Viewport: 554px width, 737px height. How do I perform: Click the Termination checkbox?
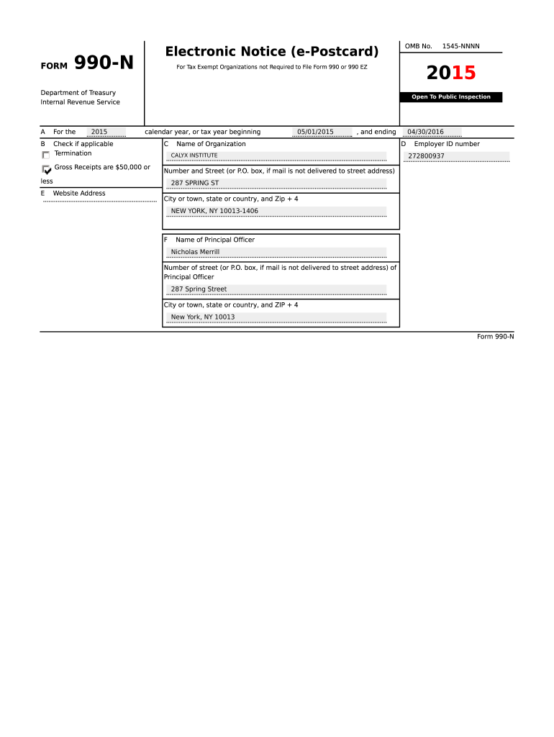pyautogui.click(x=46, y=155)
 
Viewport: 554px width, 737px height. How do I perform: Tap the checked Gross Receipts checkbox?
pyautogui.click(x=47, y=170)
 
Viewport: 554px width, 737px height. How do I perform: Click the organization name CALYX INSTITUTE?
pyautogui.click(x=194, y=155)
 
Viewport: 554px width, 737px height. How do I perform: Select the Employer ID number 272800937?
pyautogui.click(x=426, y=156)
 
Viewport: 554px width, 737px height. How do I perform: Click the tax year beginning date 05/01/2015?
pyautogui.click(x=315, y=132)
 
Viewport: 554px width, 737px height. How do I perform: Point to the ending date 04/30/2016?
pyautogui.click(x=425, y=132)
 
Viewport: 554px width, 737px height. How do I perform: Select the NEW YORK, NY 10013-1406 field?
pyautogui.click(x=214, y=211)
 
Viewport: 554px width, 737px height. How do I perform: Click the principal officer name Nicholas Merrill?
pyautogui.click(x=195, y=252)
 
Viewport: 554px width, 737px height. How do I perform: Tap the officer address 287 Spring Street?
pyautogui.click(x=199, y=289)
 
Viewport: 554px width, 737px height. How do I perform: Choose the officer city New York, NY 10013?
pyautogui.click(x=203, y=317)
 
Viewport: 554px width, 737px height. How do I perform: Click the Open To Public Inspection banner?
pyautogui.click(x=451, y=97)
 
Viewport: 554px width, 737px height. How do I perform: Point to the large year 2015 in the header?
pyautogui.click(x=451, y=73)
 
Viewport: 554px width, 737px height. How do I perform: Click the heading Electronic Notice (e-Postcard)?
pyautogui.click(x=271, y=52)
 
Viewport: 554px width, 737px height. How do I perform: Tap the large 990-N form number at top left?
pyautogui.click(x=104, y=64)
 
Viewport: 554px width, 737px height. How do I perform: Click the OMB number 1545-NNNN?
pyautogui.click(x=460, y=47)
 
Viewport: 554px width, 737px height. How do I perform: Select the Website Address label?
pyautogui.click(x=79, y=194)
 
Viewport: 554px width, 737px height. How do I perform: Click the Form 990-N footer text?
pyautogui.click(x=495, y=337)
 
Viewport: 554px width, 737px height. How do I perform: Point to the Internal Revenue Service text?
pyautogui.click(x=80, y=102)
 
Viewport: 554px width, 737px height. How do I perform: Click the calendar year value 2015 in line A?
pyautogui.click(x=99, y=132)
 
